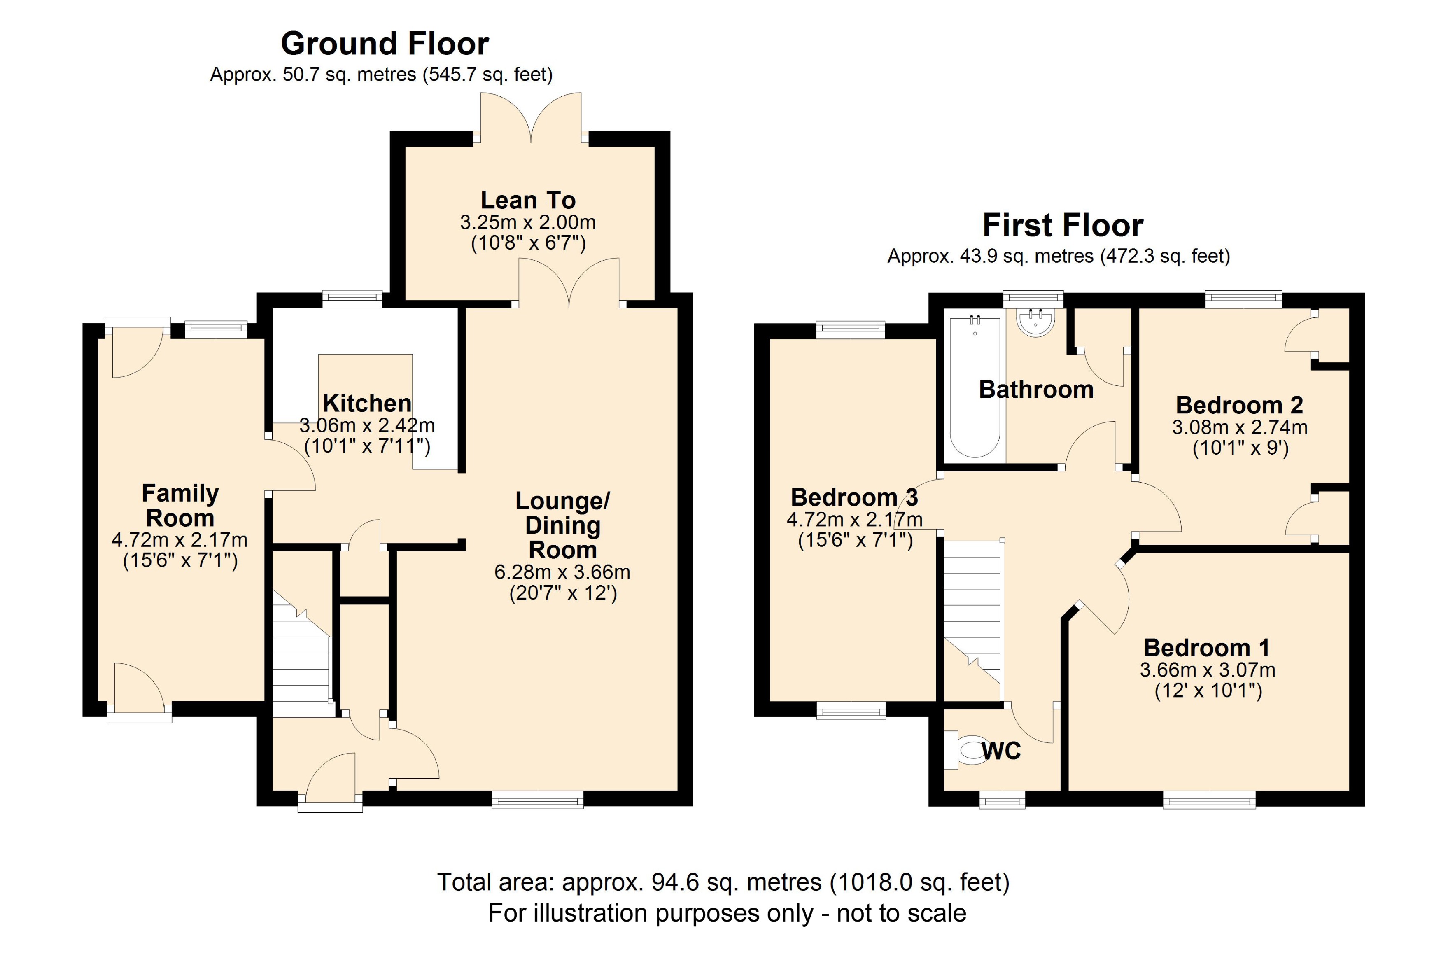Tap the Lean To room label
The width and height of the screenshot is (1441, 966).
[x=528, y=200]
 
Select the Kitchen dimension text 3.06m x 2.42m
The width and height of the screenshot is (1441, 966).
[x=367, y=425]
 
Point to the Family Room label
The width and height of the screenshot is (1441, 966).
[x=180, y=505]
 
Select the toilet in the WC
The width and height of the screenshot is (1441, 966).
[x=967, y=750]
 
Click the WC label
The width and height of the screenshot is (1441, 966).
[x=1002, y=750]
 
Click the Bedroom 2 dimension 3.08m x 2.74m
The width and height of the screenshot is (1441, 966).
[x=1239, y=427]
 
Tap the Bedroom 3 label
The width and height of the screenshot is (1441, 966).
[x=853, y=497]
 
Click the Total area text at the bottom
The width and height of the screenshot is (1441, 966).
[x=723, y=882]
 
